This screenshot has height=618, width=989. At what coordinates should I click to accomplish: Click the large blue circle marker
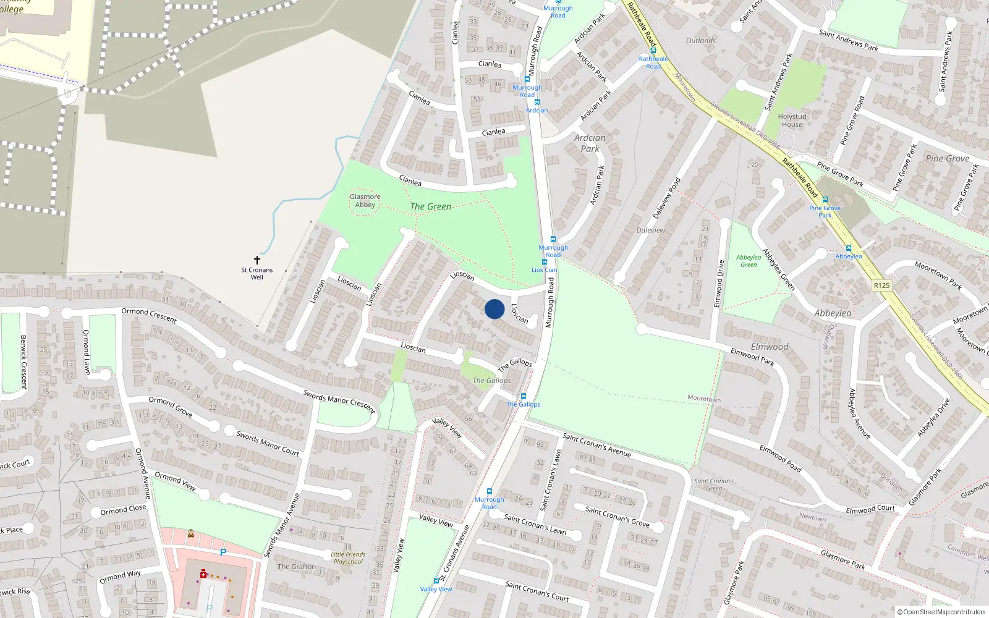pos(494,309)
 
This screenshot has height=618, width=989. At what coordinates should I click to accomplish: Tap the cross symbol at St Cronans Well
pos(257,260)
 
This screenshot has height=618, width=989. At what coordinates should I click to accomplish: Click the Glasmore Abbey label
pos(365,201)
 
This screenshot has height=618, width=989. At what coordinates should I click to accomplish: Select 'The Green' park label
pos(431,206)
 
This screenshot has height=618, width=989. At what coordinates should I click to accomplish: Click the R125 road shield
pos(881,286)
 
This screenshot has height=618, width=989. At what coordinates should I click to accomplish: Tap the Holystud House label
pos(792,121)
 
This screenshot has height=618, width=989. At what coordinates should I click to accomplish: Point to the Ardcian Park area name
pos(590,143)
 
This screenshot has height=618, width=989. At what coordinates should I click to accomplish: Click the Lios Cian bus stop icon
pos(545,262)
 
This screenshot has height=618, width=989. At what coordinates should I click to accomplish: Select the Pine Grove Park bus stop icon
pos(825,200)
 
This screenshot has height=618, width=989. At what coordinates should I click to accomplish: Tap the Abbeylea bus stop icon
pos(848,249)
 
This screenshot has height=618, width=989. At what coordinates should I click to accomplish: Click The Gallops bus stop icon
pos(524,396)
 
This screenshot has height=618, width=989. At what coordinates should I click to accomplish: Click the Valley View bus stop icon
pos(436,581)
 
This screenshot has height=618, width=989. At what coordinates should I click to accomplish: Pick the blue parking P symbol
pos(223,552)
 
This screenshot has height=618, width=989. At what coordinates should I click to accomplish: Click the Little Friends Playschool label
pos(348,558)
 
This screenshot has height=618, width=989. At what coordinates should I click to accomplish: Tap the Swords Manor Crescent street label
pos(339,401)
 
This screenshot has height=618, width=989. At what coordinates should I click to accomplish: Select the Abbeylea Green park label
pos(749,261)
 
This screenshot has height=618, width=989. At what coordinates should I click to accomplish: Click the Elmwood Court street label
pos(870,509)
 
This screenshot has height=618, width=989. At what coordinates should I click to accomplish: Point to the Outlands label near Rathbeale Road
pos(701,41)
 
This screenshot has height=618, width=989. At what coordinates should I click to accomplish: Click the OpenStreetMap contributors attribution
pos(941,612)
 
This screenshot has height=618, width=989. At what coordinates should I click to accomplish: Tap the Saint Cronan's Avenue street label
pos(596,445)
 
